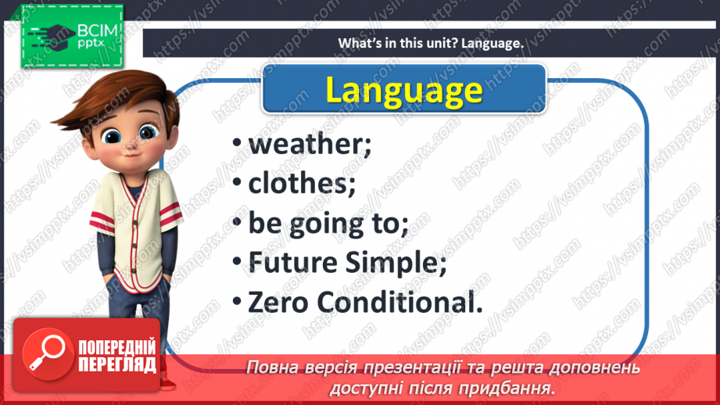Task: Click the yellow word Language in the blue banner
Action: click(x=403, y=89)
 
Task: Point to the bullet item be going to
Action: click(x=328, y=224)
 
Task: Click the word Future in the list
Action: click(x=292, y=263)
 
